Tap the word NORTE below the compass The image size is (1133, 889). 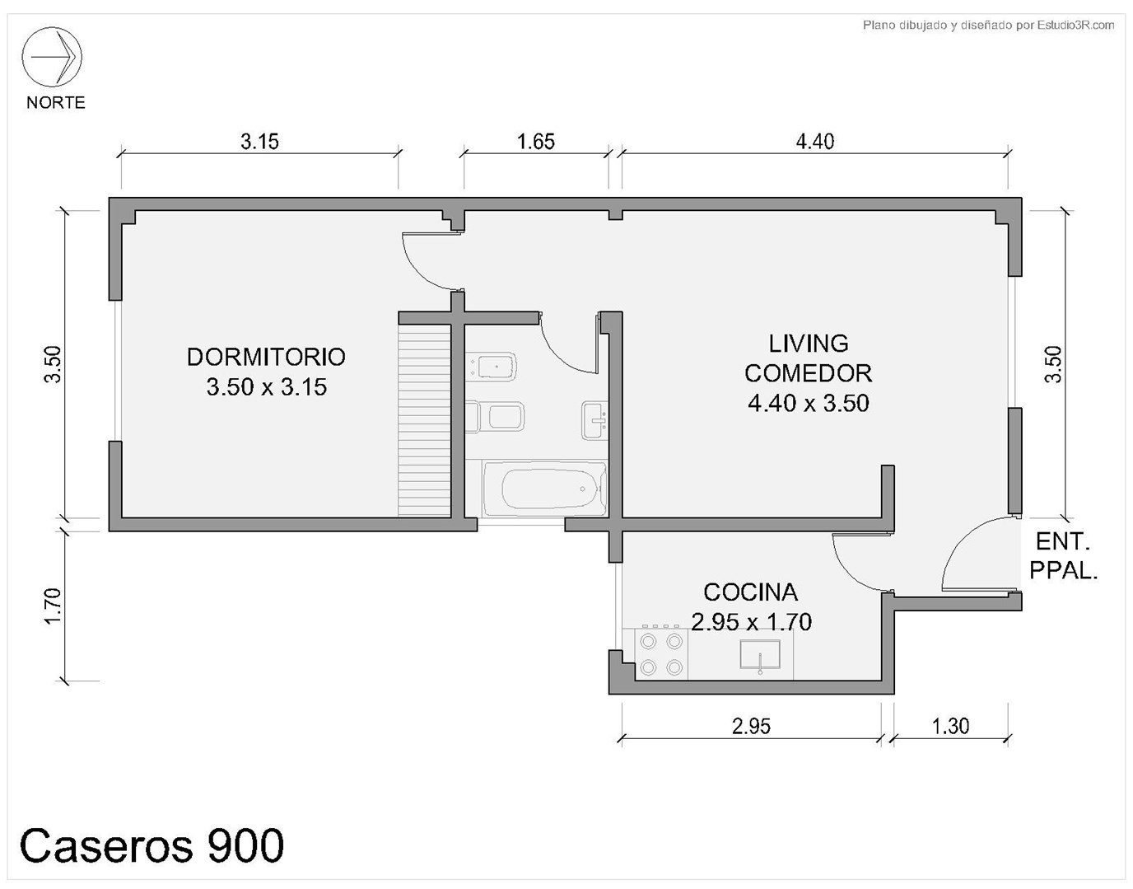click(x=56, y=102)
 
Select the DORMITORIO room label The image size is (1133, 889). click(x=266, y=357)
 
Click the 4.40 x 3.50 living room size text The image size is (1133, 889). click(x=809, y=403)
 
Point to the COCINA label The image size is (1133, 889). click(x=751, y=592)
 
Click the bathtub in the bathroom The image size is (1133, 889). click(x=545, y=489)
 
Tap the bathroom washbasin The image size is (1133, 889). click(x=595, y=420)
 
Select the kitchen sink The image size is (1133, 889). click(x=760, y=655)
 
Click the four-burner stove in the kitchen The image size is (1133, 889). click(x=662, y=655)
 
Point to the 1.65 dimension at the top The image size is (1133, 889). click(x=536, y=142)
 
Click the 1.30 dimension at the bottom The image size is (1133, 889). click(x=950, y=726)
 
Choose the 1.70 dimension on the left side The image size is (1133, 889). click(x=54, y=606)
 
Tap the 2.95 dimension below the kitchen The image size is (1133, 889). click(x=751, y=726)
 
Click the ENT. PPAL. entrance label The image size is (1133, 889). click(x=1064, y=557)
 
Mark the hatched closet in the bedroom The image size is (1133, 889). click(x=424, y=420)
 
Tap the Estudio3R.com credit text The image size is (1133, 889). click(x=1075, y=25)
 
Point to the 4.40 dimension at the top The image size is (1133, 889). click(x=815, y=142)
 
